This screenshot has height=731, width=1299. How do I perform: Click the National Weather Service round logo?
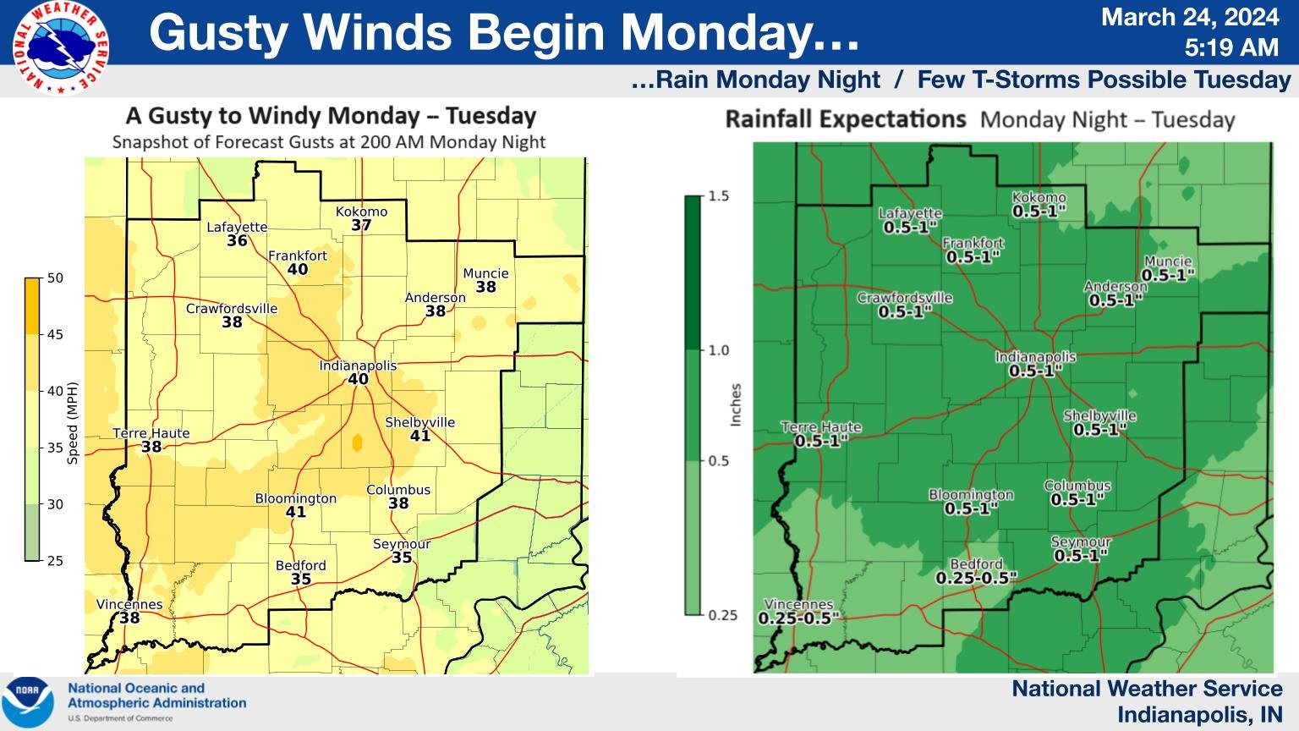tap(60, 48)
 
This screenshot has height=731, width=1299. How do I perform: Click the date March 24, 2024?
tap(1189, 17)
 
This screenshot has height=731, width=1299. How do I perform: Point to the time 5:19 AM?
tap(1230, 47)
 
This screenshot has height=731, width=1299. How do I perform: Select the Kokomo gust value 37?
tap(361, 225)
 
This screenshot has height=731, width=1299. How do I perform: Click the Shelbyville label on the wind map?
tap(419, 422)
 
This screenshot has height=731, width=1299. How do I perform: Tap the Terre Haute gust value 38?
tap(151, 447)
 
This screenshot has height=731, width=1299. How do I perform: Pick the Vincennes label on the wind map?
tap(129, 604)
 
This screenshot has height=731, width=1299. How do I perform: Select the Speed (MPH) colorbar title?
tap(73, 423)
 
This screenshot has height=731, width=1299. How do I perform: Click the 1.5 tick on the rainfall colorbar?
tap(718, 196)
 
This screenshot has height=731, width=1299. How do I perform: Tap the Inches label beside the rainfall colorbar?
tap(736, 404)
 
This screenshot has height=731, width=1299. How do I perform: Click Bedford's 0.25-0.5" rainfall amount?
tap(976, 578)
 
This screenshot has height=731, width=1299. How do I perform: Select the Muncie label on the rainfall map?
tap(1168, 261)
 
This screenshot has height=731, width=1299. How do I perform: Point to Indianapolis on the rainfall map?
tap(1035, 357)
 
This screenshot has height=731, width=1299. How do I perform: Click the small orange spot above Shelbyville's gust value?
tap(357, 442)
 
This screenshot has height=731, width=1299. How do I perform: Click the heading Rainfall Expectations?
tap(845, 119)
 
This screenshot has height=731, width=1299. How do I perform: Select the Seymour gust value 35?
tap(402, 558)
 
